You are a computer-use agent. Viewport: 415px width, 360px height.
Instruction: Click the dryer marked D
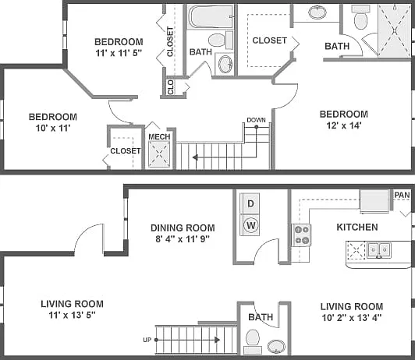tap(250, 203)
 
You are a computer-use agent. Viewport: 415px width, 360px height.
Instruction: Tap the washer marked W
tap(250, 225)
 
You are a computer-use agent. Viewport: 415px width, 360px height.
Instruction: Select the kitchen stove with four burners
tap(301, 235)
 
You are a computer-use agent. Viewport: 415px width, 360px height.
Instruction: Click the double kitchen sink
tap(379, 250)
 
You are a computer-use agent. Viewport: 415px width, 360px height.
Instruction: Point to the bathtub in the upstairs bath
tap(211, 16)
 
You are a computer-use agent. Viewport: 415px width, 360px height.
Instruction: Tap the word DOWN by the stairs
tap(256, 120)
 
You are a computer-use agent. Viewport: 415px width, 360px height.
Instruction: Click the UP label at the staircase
tap(147, 340)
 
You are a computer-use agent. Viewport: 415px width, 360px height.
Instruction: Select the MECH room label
tap(159, 136)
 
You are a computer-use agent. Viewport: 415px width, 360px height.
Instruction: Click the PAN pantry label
tap(402, 195)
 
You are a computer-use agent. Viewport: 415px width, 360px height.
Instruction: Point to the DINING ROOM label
tap(183, 228)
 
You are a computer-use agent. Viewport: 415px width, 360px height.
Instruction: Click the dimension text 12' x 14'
tap(344, 125)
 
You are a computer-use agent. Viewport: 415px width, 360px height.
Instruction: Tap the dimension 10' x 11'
tap(53, 129)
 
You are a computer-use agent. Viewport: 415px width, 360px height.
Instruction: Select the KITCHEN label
tap(357, 227)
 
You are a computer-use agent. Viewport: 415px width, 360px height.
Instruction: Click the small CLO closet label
tap(170, 87)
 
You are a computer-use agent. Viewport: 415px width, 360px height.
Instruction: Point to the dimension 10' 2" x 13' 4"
tap(352, 317)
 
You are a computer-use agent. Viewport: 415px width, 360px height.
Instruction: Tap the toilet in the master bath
tap(360, 18)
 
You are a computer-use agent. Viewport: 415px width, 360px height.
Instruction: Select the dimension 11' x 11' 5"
tap(119, 53)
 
